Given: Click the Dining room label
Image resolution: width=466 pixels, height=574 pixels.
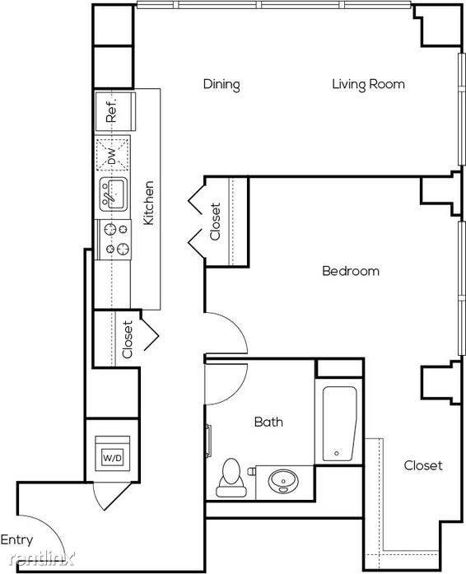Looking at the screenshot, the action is (x=221, y=85).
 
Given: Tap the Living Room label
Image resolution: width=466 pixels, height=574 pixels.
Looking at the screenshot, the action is (x=368, y=84).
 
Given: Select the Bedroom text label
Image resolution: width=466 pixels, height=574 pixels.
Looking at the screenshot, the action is (x=351, y=271).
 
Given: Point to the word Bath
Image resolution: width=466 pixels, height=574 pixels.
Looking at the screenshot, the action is (x=268, y=422).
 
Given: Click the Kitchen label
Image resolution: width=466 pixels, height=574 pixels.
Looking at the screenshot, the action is (x=148, y=203).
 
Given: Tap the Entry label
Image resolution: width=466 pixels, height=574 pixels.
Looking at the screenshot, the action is (x=16, y=540).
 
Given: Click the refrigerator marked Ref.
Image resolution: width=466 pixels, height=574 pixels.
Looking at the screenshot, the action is (x=115, y=111).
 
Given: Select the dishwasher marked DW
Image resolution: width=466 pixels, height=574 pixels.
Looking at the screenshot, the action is (x=113, y=154).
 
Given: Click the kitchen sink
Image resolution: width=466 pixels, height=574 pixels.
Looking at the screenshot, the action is (x=114, y=194).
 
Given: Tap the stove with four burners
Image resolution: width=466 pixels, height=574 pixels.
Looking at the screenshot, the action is (x=113, y=240).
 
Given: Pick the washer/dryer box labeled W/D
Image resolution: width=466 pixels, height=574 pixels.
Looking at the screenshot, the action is (x=112, y=453).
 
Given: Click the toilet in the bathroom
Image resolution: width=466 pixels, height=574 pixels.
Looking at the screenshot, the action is (x=231, y=477).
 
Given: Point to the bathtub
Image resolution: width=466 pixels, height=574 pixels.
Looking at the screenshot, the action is (x=339, y=424).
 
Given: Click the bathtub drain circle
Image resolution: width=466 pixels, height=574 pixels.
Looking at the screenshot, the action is (x=337, y=453).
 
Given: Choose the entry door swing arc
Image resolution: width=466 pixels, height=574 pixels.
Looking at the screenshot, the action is (x=51, y=527).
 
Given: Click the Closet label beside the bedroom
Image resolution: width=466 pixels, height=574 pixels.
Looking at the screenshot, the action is (x=215, y=222).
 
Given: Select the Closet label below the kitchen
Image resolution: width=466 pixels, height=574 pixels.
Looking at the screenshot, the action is (x=127, y=339).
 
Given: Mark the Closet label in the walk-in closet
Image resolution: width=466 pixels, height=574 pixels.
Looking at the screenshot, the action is (x=423, y=465).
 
